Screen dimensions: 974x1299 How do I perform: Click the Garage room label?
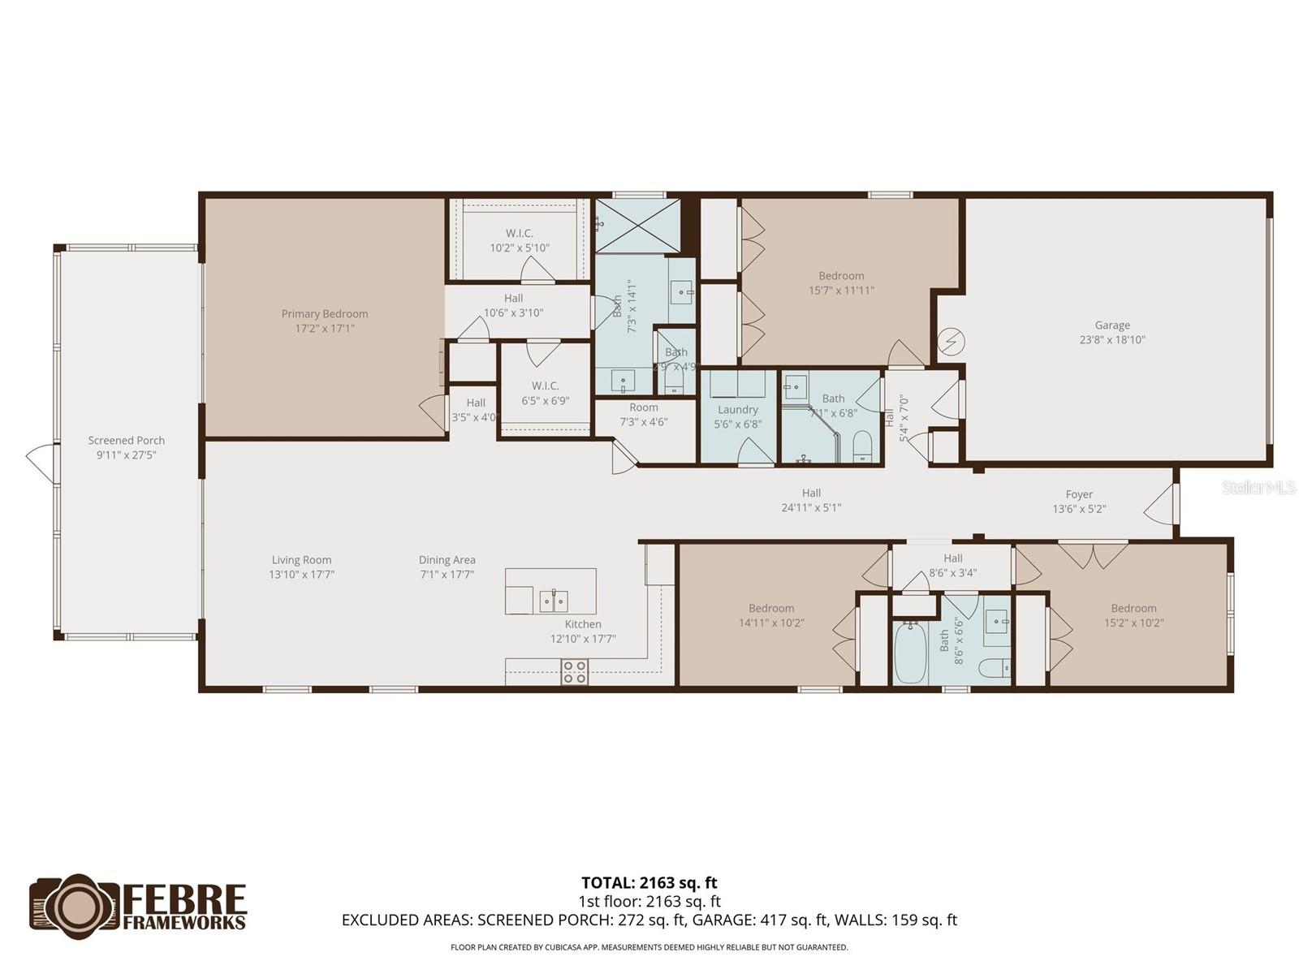1111,325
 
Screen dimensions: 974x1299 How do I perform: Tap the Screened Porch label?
127,441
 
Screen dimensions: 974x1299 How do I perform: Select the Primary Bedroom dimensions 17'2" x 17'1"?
325,329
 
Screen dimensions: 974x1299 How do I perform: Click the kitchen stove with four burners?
575,671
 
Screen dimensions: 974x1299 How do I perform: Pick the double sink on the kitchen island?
554,601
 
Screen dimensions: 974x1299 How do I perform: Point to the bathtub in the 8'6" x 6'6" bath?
910,653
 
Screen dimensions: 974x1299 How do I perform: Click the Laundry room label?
737,410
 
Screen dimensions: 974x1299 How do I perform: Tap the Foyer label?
1079,494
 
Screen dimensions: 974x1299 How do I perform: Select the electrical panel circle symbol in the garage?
951,343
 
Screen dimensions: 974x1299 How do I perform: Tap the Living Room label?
301,560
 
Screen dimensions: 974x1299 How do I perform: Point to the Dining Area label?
447,560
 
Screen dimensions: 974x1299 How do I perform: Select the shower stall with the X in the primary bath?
637,225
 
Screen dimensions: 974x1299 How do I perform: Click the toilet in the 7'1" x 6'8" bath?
862,446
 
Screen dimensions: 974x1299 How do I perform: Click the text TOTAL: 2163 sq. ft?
649,882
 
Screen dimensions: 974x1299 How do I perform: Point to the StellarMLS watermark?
1258,488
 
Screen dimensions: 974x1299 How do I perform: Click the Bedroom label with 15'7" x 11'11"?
841,276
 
